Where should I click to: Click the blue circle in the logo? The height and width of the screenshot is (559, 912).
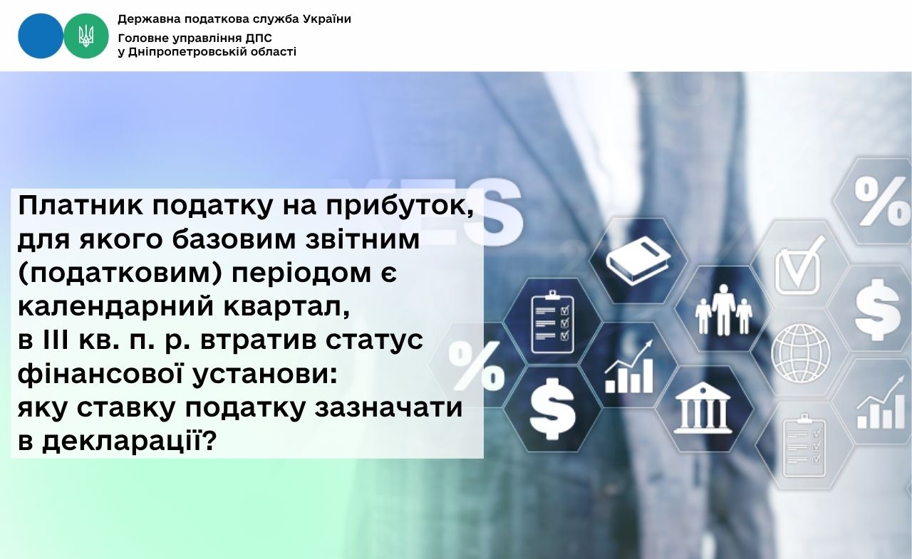click(x=41, y=36)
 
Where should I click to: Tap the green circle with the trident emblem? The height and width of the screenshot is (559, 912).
click(x=86, y=36)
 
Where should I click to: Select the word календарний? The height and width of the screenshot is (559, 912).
click(x=116, y=307)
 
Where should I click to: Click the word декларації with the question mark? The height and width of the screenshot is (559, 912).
click(x=116, y=441)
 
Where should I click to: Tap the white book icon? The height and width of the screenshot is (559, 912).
click(x=638, y=261)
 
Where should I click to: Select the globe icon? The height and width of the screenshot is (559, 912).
click(x=801, y=353)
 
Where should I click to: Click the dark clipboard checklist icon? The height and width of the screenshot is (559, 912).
click(x=552, y=321)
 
